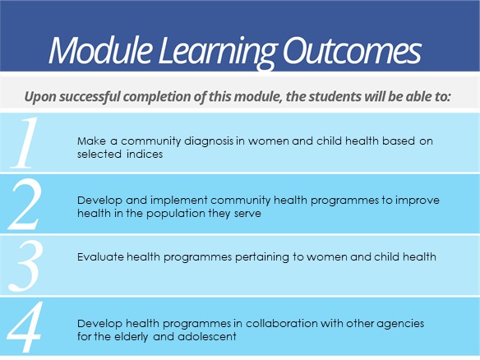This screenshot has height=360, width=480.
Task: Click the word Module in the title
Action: click(100, 50)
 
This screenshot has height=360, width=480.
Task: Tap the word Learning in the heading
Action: click(218, 53)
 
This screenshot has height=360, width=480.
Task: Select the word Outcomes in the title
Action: click(352, 50)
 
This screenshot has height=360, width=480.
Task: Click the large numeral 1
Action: click(25, 143)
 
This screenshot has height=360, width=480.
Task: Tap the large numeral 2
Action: click(25, 205)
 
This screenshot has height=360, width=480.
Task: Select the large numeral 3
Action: click(25, 265)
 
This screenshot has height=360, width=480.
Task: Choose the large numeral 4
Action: click(24, 327)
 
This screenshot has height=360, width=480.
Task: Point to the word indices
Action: click(145, 154)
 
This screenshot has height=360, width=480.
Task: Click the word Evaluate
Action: click(100, 256)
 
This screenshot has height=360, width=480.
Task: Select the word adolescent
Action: click(207, 337)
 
